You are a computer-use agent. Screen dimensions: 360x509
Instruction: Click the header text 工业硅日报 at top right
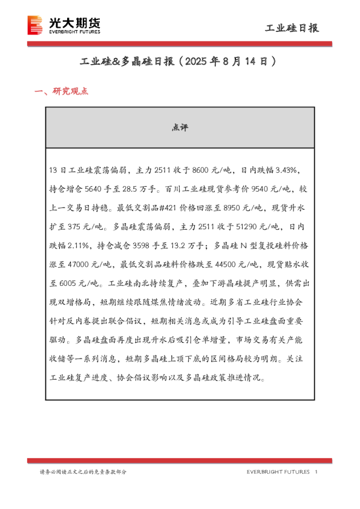[x=293, y=28]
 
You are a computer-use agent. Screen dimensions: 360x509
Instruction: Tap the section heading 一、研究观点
[x=62, y=92]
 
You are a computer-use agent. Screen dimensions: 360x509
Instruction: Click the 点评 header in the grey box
[x=180, y=128]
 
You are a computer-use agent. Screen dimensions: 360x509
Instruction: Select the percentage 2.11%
[x=80, y=246]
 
